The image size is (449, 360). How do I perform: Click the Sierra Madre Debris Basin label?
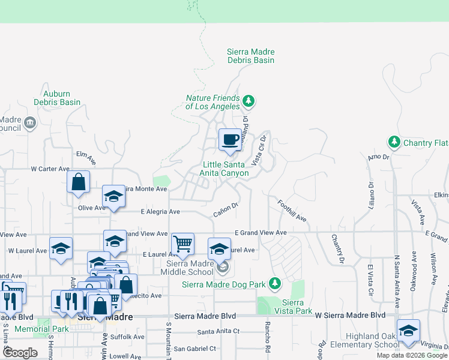coord(251,56)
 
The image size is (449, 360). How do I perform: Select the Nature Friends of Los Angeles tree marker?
coord(248,100)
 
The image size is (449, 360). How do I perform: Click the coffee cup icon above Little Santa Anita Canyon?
coord(229,140)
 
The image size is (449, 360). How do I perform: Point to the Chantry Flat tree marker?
coord(394,142)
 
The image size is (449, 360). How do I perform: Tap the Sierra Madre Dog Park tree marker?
coord(275,283)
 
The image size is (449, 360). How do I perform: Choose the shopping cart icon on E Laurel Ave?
coord(182,244)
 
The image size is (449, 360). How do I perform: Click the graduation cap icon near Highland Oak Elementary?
coord(408,331)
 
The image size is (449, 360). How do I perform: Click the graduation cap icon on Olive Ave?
coord(113,196)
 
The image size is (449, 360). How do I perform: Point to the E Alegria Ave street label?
coord(160,212)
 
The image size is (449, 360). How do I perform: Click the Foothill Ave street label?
coord(292,211)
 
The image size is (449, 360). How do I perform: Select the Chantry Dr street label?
coord(337,248)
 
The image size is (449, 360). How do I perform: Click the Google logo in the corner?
coord(20,353)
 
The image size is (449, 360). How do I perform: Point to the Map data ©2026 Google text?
coord(411,355)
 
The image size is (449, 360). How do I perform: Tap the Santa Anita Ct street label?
coord(218,331)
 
